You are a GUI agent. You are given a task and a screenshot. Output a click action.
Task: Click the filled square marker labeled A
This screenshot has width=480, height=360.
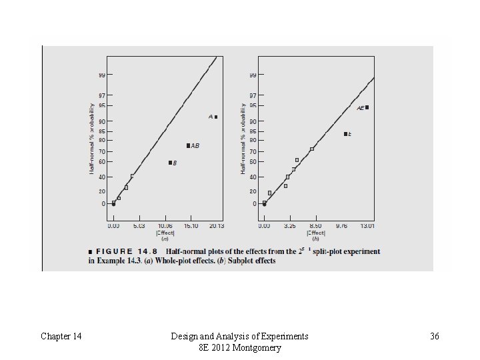pos(216,117)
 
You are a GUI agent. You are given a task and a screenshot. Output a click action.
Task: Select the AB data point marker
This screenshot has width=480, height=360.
pos(188,145)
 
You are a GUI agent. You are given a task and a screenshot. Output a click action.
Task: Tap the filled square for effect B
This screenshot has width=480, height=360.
pos(170,163)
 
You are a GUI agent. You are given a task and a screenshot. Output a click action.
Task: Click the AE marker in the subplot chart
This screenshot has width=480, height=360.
pos(367,107)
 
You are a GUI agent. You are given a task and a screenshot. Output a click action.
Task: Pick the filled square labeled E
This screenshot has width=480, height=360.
pos(345,134)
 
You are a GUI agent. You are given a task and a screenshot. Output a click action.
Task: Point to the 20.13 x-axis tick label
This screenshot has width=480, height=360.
pos(216,225)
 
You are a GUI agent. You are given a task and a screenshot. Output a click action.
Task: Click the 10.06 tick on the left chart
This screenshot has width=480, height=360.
pos(166,225)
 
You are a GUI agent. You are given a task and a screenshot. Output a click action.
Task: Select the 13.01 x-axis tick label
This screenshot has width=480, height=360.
pos(367,225)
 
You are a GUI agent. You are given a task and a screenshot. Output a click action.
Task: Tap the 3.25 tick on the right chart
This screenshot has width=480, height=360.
pos(289,225)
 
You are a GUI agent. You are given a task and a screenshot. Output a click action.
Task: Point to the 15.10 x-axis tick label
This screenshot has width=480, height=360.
pos(191,225)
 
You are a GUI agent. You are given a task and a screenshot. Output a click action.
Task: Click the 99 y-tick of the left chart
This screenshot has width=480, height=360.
pos(103,74)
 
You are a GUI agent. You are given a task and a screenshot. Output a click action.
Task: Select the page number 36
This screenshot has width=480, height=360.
pos(435,337)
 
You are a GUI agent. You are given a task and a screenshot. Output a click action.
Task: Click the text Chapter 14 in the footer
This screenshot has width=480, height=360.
pos(61,337)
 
